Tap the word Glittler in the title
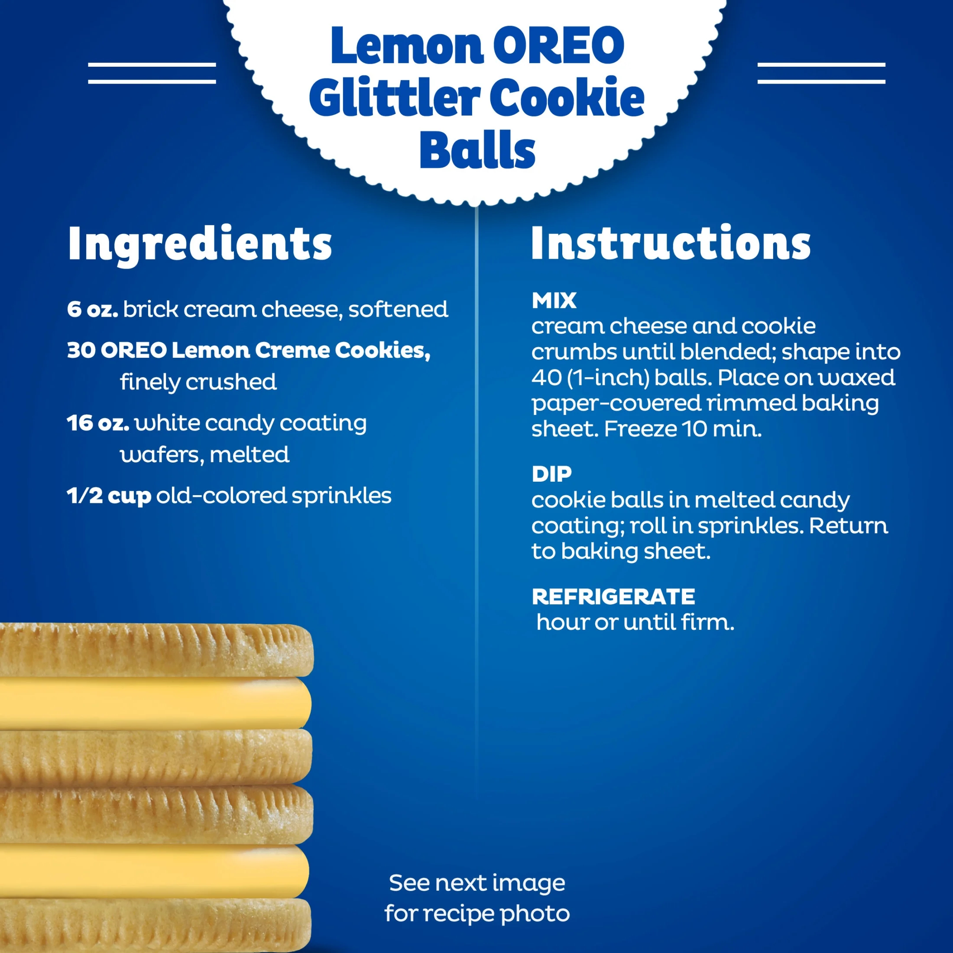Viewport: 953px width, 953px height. (x=395, y=98)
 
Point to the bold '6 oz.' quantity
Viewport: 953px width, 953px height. (x=92, y=309)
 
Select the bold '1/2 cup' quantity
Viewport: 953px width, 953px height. (x=109, y=496)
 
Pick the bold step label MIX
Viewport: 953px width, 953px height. (x=554, y=300)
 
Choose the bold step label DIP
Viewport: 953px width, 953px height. (x=551, y=474)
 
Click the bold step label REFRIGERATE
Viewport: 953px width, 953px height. (x=613, y=597)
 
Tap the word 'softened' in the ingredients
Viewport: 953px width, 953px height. (x=398, y=309)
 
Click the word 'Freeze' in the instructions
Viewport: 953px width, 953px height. (x=640, y=429)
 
